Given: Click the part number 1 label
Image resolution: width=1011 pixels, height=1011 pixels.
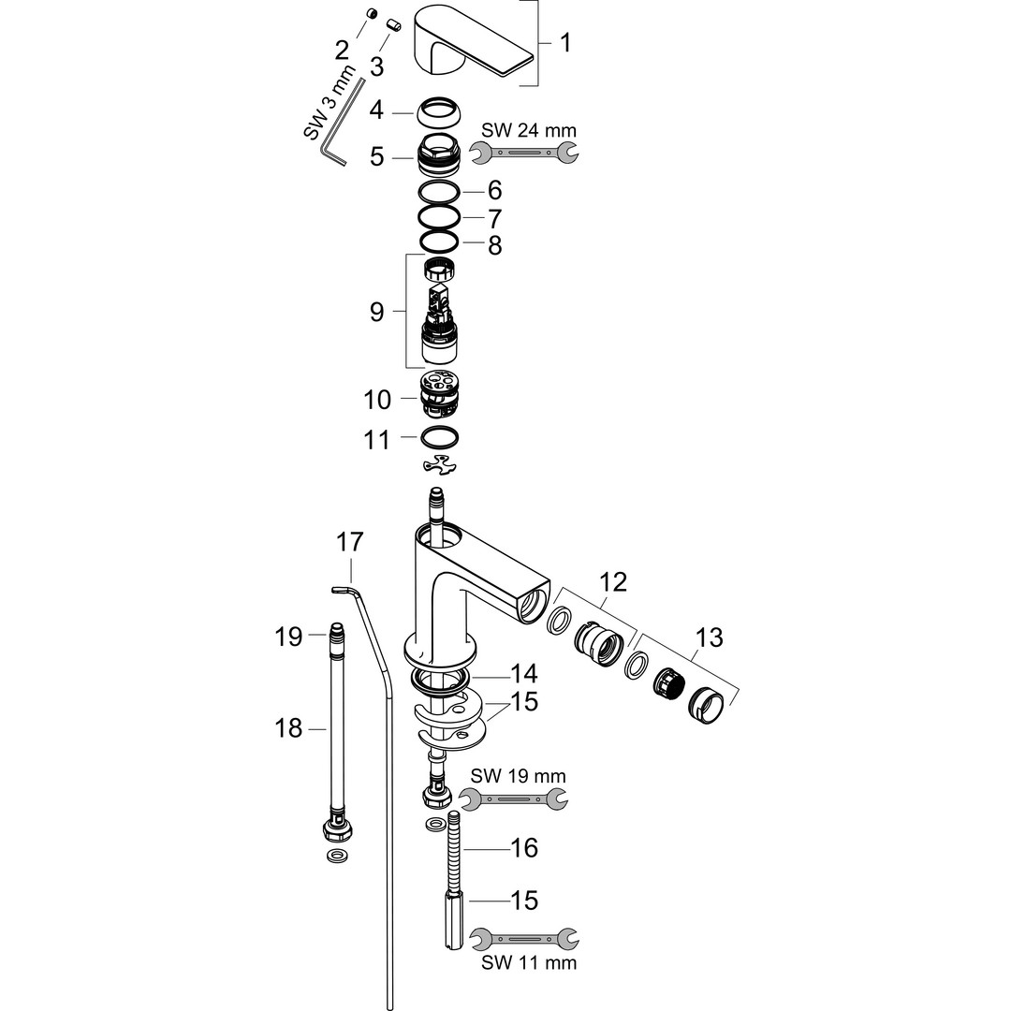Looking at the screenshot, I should (565, 43).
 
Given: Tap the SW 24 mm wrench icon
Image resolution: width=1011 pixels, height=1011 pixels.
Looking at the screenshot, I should (523, 152).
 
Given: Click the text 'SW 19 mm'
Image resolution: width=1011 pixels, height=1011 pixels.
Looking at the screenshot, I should (518, 776).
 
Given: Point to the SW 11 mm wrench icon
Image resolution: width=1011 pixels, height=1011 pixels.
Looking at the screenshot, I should (523, 935).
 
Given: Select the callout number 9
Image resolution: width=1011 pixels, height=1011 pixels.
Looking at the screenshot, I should (376, 312).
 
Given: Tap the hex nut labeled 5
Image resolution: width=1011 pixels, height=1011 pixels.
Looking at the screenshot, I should (437, 154).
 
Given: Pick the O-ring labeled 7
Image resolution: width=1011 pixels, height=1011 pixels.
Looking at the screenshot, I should (437, 217).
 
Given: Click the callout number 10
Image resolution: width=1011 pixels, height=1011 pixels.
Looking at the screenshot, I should (377, 400).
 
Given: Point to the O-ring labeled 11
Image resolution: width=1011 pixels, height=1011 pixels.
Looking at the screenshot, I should (439, 437).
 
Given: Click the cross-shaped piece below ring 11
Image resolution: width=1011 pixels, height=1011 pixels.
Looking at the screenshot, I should (439, 465).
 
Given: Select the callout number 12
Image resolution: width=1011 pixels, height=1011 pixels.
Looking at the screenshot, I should (614, 582).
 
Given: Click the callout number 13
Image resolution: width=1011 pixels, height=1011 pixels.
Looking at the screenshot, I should (710, 638).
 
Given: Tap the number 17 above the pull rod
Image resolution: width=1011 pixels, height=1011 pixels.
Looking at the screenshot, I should (350, 542).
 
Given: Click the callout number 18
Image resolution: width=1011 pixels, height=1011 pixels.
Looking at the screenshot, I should (289, 727).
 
